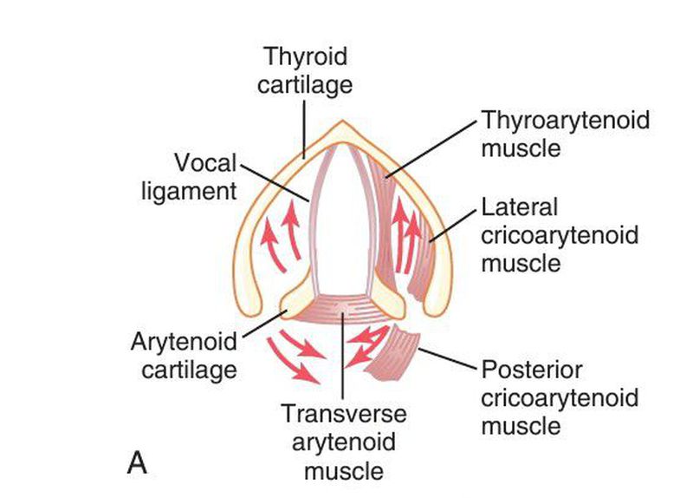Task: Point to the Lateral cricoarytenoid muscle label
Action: click(560, 234)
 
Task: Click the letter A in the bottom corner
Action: click(137, 462)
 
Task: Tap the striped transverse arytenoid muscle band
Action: click(343, 308)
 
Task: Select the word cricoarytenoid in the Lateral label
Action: click(560, 235)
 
